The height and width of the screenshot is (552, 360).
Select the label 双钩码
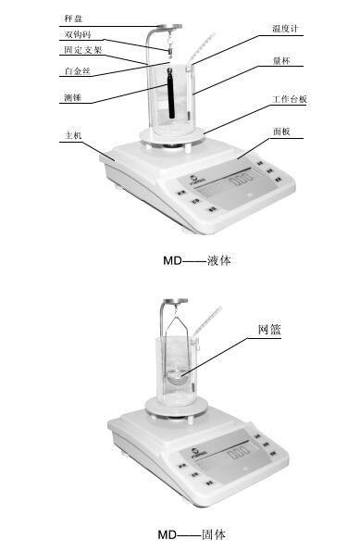[77, 35]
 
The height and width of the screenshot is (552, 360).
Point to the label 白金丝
[77, 70]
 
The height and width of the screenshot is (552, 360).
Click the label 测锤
[73, 96]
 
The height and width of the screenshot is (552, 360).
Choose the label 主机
[73, 135]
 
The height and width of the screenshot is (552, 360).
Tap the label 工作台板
[290, 98]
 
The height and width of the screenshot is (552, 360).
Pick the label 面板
[282, 132]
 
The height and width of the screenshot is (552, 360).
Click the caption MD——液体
[196, 261]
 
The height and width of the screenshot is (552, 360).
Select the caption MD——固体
[191, 534]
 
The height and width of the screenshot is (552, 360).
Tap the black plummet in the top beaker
[170, 94]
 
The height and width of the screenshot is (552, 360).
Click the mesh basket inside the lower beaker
[178, 374]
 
